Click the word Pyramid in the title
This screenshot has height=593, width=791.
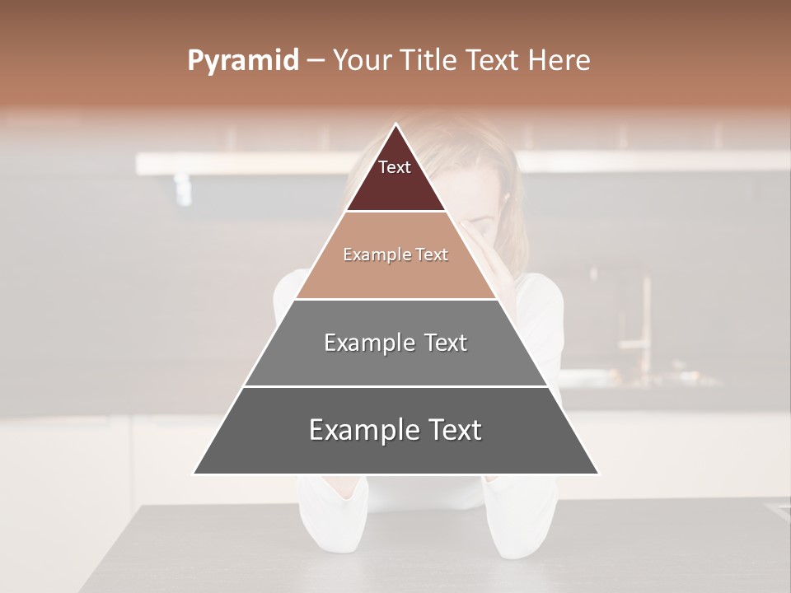[243, 61]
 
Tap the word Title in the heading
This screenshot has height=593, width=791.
[429, 61]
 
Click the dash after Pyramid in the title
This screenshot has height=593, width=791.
[316, 61]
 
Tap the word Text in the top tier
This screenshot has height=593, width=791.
[395, 167]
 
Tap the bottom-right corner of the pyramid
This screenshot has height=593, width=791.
[598, 474]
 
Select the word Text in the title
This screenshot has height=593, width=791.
[492, 61]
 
